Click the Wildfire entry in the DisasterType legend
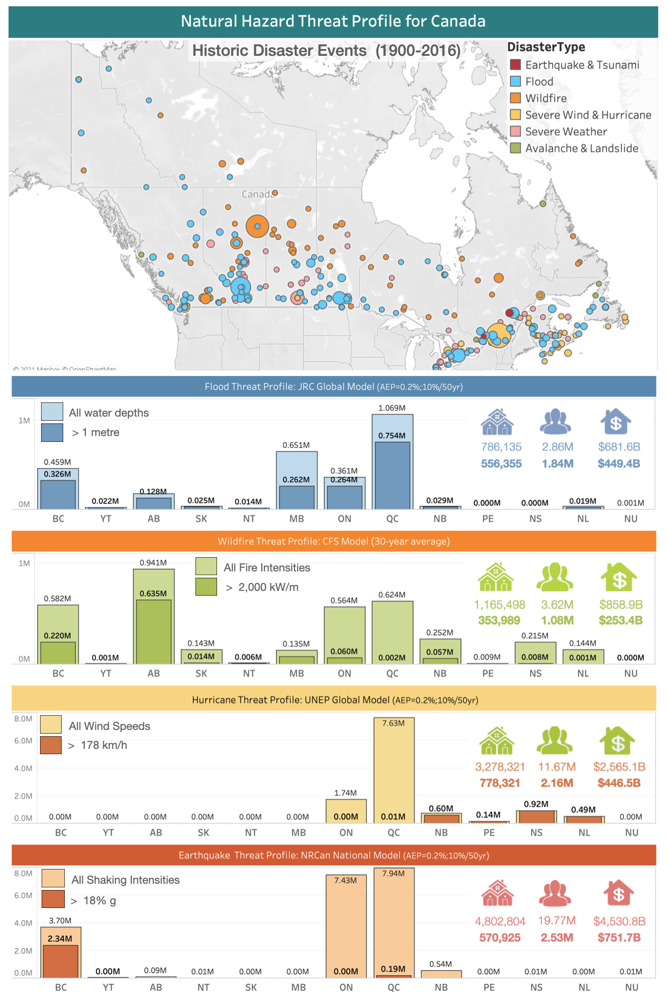click(x=546, y=98)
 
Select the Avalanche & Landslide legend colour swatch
click(x=515, y=148)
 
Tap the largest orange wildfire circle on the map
click(x=257, y=226)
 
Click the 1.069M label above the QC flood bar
click(x=392, y=408)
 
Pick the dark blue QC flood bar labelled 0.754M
click(x=392, y=474)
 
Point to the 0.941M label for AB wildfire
click(x=153, y=563)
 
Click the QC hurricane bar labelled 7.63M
click(x=394, y=769)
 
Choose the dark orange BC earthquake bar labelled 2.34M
click(x=61, y=961)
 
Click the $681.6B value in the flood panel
click(x=619, y=447)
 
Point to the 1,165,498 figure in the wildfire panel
click(x=499, y=605)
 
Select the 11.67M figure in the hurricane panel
click(x=557, y=767)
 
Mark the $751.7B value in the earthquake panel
click(x=619, y=938)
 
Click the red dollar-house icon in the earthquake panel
click(x=618, y=893)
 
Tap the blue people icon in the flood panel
click(x=556, y=422)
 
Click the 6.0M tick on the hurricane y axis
click(x=23, y=741)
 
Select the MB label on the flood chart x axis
click(x=297, y=519)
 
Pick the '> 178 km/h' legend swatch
click(x=51, y=745)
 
